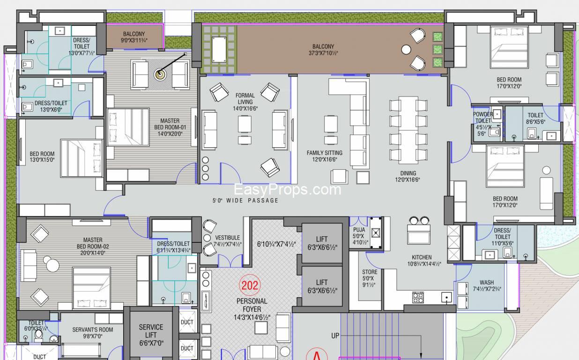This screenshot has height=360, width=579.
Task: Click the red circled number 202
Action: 250,285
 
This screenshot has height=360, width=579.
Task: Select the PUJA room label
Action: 359,230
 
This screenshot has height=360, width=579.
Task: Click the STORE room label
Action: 370,272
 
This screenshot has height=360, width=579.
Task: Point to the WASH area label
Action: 487,282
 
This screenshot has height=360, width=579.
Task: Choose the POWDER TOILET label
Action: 482,117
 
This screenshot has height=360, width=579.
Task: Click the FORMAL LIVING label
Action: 245,98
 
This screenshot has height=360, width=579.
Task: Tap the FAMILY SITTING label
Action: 324,153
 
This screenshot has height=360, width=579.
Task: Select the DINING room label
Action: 408,173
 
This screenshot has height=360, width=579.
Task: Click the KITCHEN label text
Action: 422,257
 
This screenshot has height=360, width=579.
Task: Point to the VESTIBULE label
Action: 228,238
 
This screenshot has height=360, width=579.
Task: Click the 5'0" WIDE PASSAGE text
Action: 245,201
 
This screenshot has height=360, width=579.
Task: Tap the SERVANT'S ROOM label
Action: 93,330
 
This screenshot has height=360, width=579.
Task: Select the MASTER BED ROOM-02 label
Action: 93,243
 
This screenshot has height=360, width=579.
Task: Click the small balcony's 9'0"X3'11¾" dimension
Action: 134,40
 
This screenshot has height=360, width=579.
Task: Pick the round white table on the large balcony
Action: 406,50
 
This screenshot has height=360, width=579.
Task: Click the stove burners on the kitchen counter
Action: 418,297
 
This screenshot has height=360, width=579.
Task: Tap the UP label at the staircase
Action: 335,336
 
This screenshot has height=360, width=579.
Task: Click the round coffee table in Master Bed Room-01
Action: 160,75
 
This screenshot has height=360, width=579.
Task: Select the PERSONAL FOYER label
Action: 252,305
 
